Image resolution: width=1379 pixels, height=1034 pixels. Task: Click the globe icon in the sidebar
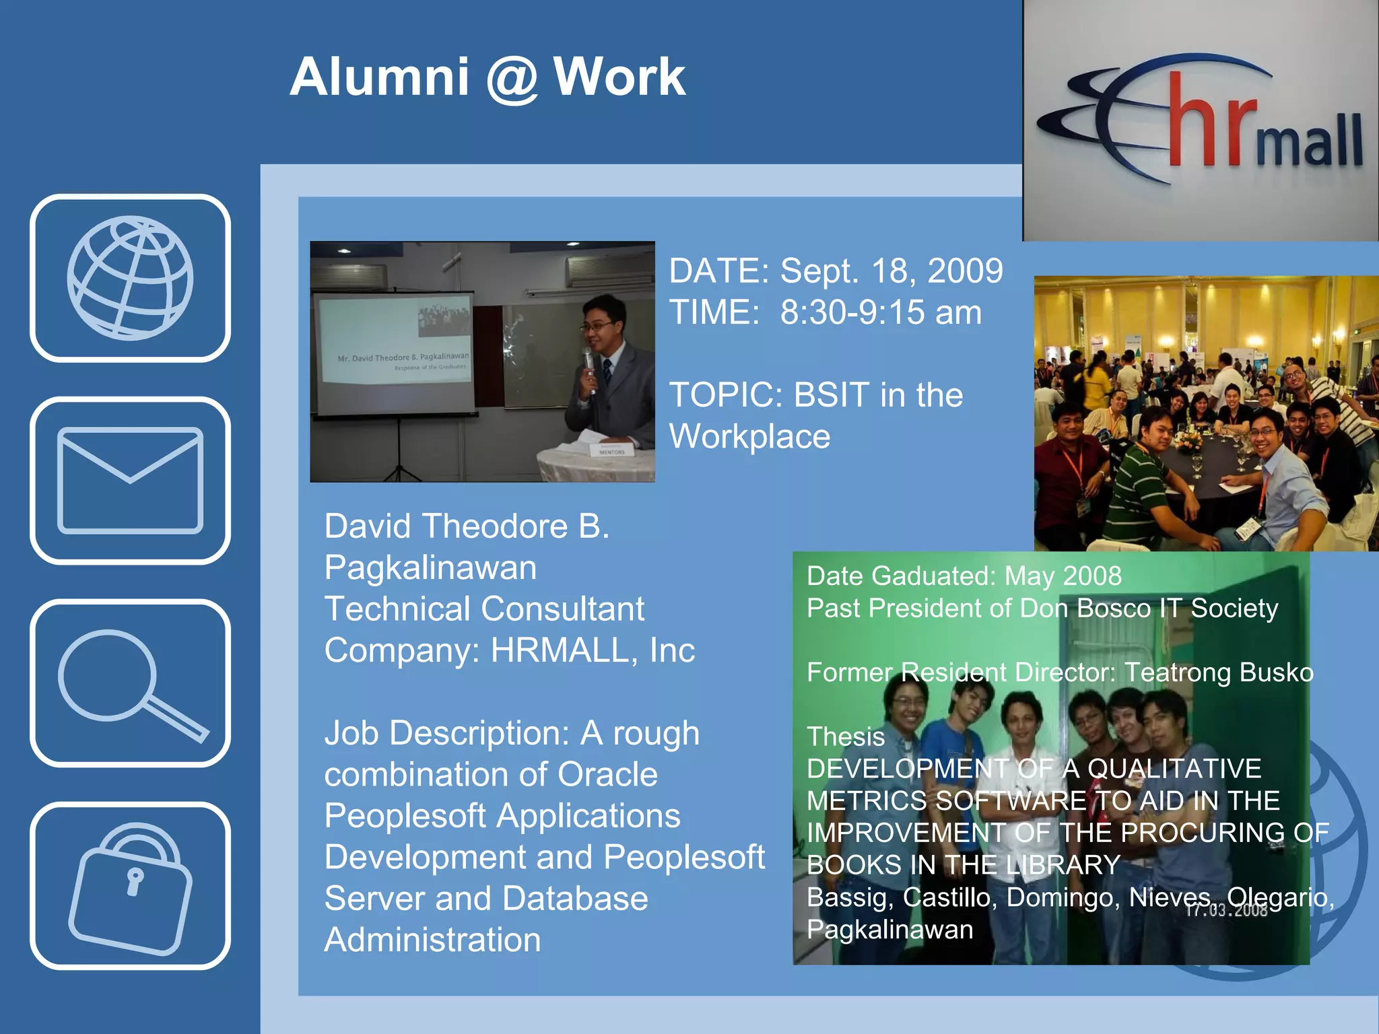click(130, 277)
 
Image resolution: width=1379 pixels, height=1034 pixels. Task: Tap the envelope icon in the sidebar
click(130, 480)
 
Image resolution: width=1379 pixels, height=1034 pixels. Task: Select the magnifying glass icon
click(130, 683)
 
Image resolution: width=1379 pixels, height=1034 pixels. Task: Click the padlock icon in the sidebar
click(130, 886)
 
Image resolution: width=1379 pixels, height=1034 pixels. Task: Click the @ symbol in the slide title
click(511, 77)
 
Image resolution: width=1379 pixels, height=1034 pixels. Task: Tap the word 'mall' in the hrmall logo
click(1309, 141)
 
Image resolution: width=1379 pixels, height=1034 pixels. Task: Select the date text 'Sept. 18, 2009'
click(891, 271)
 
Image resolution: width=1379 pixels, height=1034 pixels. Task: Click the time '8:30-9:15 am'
click(880, 312)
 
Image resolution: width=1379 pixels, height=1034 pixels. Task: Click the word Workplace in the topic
click(749, 436)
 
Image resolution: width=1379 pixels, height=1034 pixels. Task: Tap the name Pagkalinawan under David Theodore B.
click(430, 567)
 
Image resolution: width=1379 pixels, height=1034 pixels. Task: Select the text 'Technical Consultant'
click(483, 609)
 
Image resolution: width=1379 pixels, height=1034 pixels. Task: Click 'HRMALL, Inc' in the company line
click(592, 650)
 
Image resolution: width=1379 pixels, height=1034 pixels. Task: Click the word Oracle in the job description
click(607, 774)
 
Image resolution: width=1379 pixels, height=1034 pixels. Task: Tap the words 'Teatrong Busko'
click(1218, 673)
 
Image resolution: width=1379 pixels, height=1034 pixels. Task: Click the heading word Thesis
click(845, 736)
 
